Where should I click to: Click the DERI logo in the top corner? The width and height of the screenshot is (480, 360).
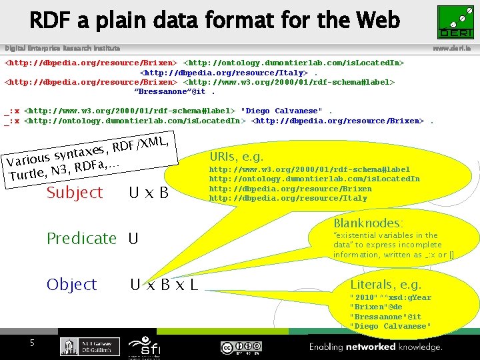point(455,22)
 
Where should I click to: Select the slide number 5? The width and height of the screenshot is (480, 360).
point(31,343)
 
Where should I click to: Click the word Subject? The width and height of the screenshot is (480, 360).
point(74,193)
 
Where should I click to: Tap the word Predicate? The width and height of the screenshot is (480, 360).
point(81,238)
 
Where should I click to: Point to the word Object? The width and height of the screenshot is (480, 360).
point(72,285)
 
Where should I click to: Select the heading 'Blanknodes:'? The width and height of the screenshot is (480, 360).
point(368,223)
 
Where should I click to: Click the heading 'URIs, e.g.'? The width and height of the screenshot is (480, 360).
point(236,157)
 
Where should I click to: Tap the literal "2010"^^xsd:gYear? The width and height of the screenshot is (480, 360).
point(390,297)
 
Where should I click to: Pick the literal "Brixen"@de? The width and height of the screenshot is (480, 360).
point(375,307)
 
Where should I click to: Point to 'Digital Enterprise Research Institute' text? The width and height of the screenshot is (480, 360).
point(63,49)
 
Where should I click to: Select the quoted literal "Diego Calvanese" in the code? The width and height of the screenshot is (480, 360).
point(281,111)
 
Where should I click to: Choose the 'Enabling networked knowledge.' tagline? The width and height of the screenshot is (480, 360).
point(375,347)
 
